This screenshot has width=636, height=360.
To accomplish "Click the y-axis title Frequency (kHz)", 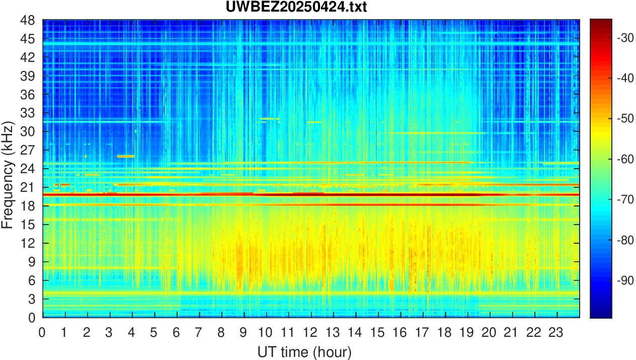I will point(7,174).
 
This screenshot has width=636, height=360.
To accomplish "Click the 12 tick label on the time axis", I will point(310,332).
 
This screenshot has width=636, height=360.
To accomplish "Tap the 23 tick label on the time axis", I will point(556,332).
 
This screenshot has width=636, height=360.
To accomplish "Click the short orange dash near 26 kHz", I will point(126,157).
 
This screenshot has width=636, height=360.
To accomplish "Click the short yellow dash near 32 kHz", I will point(270,119).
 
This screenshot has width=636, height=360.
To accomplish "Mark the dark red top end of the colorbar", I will point(601,21).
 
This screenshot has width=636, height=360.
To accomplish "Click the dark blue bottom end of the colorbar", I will point(601,316).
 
